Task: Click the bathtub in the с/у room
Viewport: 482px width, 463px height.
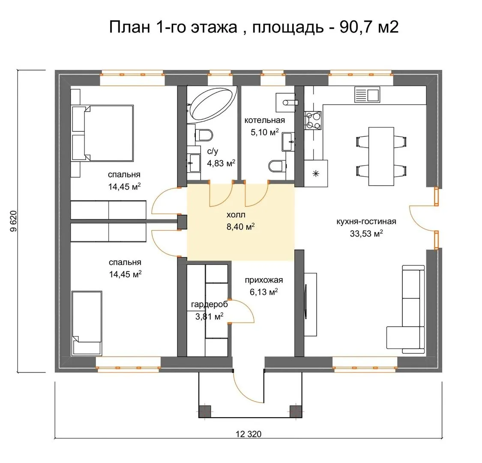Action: pos(212,105)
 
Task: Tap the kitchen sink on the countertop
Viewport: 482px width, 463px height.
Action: pos(367,94)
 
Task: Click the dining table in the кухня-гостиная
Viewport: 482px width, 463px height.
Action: pos(381,156)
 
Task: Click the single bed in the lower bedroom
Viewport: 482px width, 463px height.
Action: pos(87,323)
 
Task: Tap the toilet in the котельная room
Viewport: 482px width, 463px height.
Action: pos(277,166)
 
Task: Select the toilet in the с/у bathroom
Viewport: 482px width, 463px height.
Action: pos(204,135)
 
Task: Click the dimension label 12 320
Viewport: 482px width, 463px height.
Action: pos(248,434)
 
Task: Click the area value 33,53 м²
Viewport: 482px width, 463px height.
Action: pos(366,234)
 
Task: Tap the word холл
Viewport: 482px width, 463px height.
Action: pos(236,215)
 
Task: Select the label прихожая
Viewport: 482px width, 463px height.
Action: pos(264,280)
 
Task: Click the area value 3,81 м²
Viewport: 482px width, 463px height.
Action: pos(210,316)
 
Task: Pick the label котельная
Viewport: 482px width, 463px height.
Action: pos(265,120)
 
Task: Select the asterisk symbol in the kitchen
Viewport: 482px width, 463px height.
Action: pos(316,174)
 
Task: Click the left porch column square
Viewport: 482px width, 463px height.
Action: pos(204,411)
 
